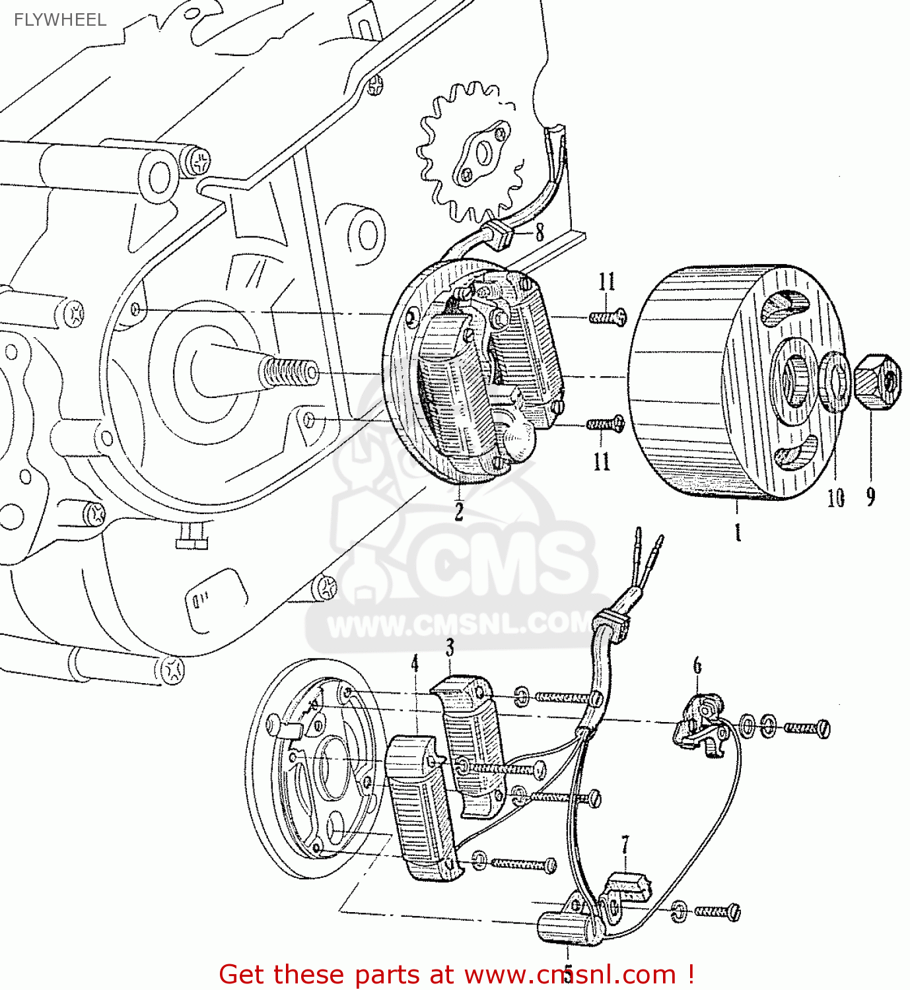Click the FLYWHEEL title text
(60, 20)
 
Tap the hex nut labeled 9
(877, 381)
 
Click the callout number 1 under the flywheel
(738, 531)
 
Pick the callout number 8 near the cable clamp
(540, 232)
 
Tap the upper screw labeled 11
(608, 318)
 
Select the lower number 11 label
(602, 461)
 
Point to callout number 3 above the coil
(450, 647)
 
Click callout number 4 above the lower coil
(415, 663)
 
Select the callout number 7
(625, 844)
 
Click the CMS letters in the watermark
(502, 568)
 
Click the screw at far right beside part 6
(808, 728)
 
